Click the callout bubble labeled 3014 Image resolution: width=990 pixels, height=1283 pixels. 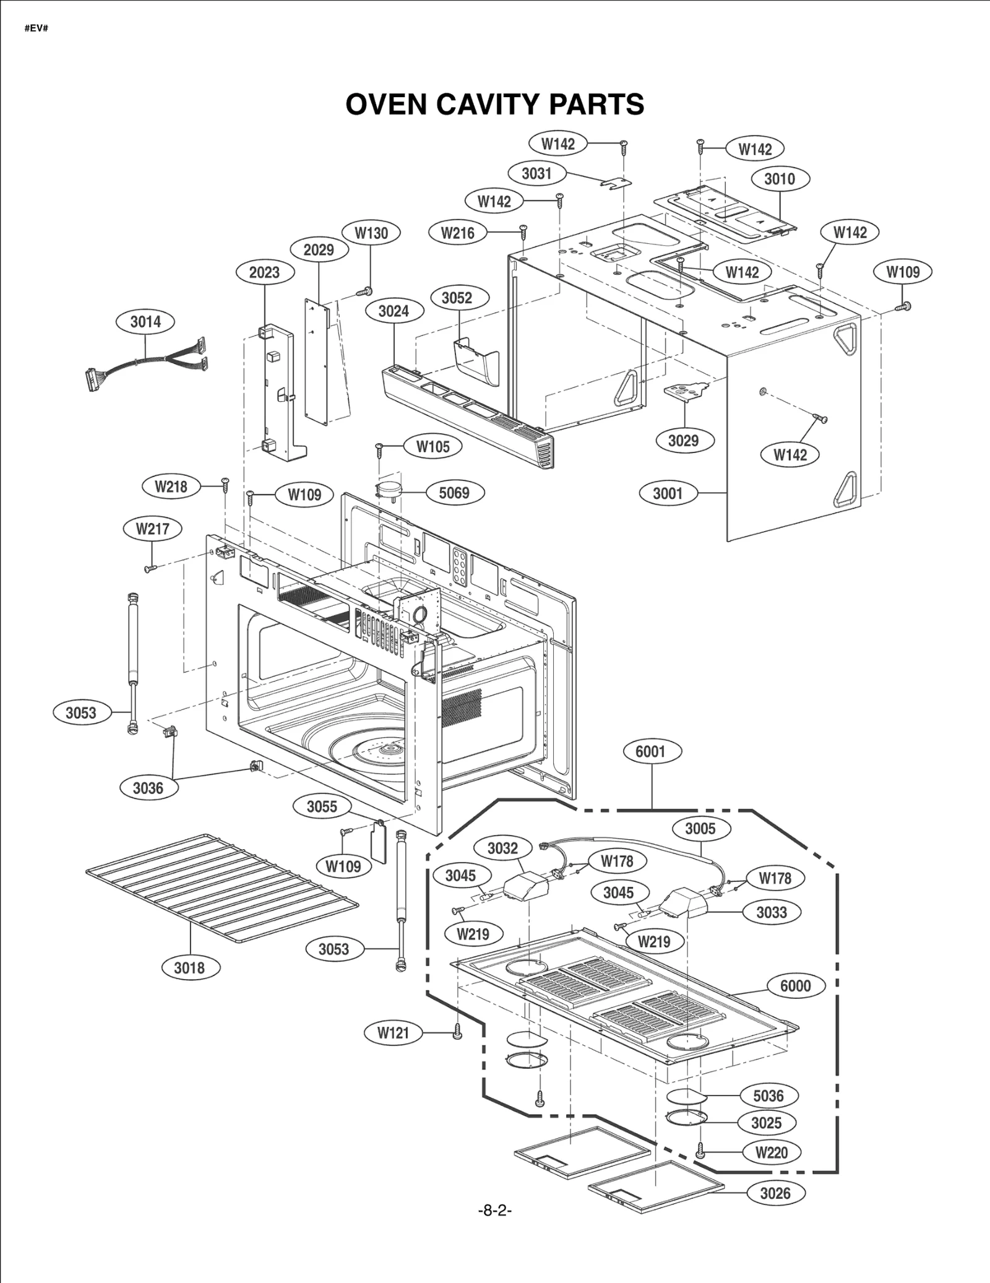pyautogui.click(x=145, y=322)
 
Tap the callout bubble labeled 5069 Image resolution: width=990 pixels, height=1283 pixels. pyautogui.click(x=454, y=493)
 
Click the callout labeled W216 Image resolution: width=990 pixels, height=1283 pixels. pyautogui.click(x=458, y=233)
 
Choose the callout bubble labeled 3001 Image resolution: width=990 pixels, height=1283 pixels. pyautogui.click(x=668, y=493)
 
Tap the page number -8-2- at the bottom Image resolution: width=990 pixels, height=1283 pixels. pyautogui.click(x=495, y=1211)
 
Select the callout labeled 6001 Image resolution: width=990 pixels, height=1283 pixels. pyautogui.click(x=650, y=751)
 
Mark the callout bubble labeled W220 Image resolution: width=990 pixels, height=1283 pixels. pyautogui.click(x=772, y=1152)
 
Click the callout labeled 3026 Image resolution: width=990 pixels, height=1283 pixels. pyautogui.click(x=775, y=1193)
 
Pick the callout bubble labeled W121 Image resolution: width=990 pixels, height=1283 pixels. pyautogui.click(x=394, y=1032)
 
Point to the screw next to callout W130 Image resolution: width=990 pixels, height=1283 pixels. pyautogui.click(x=364, y=290)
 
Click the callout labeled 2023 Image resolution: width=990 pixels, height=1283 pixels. pyautogui.click(x=264, y=272)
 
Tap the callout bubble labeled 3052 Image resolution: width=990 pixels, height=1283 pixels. pyautogui.click(x=457, y=298)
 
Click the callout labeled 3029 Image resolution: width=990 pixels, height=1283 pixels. pyautogui.click(x=683, y=441)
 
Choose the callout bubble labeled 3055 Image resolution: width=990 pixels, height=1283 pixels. pyautogui.click(x=322, y=806)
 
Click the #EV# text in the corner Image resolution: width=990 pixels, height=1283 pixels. pyautogui.click(x=36, y=29)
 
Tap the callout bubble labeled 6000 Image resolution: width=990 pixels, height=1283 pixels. pyautogui.click(x=795, y=985)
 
